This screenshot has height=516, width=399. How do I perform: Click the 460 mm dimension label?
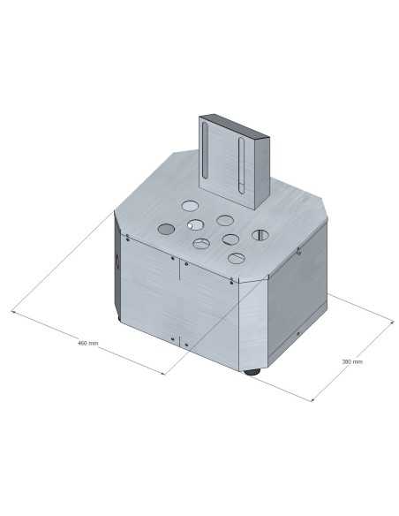point(87,342)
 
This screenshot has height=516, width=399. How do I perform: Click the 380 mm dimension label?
point(351,361)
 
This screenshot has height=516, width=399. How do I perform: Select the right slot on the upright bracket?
point(239,164)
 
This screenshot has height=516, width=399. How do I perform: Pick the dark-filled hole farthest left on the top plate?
point(166,230)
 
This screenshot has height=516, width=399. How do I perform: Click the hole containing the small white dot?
point(195,224)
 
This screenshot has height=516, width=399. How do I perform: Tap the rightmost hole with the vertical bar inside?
point(261,235)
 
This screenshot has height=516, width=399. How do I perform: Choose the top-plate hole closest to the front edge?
point(236,258)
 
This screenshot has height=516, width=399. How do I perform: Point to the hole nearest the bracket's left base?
point(191,206)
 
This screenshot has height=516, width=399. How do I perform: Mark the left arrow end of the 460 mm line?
point(12,310)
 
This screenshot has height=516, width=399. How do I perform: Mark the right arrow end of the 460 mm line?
point(164,374)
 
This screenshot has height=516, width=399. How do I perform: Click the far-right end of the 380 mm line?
point(392,324)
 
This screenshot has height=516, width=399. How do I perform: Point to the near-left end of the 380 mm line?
point(313,401)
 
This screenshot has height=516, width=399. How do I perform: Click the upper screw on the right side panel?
point(297,254)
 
